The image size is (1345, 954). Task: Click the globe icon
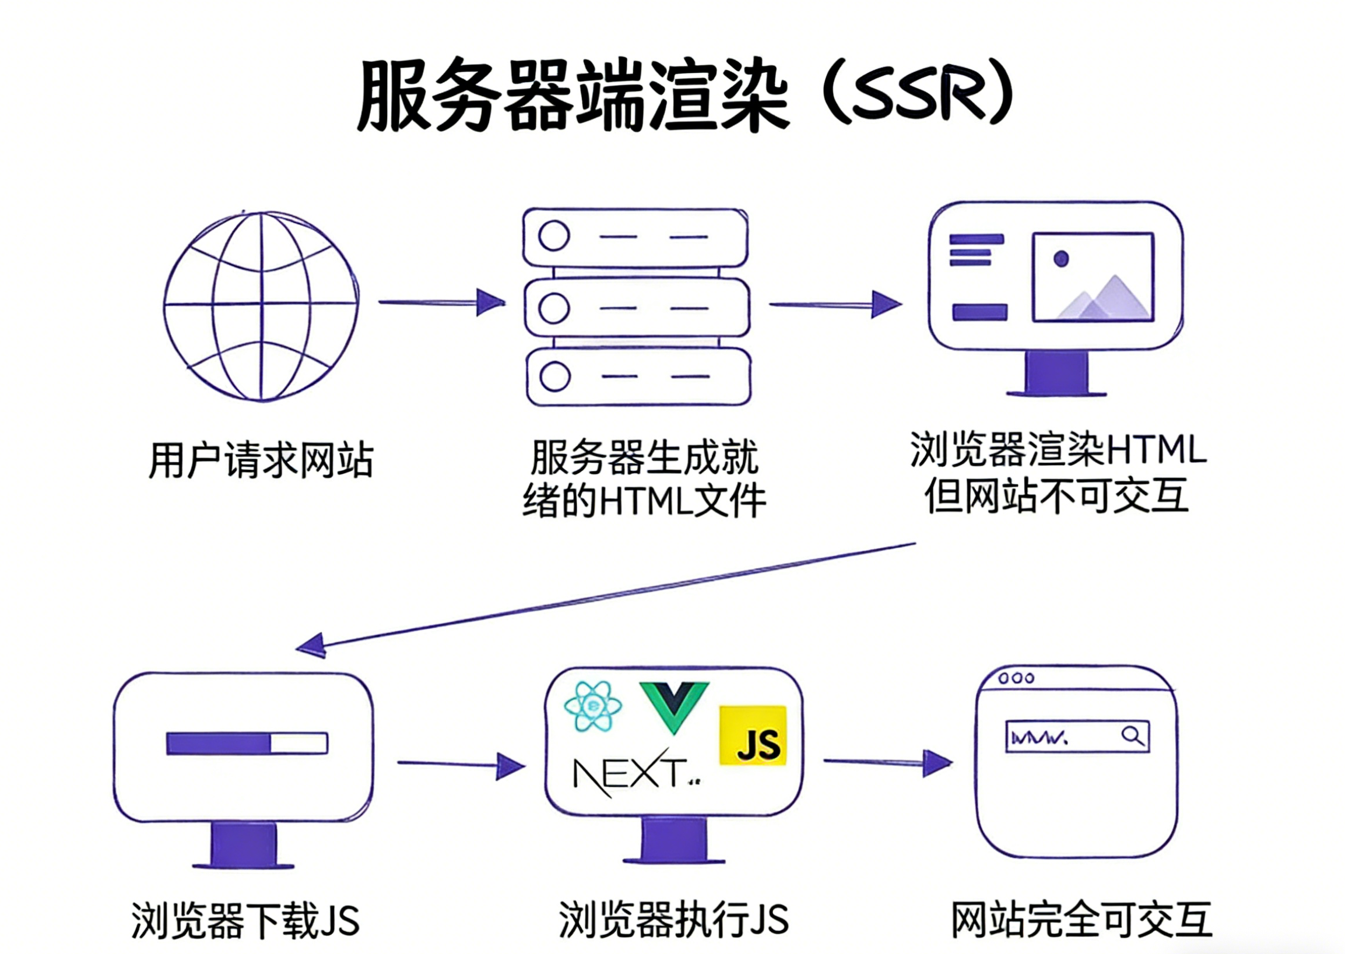(261, 306)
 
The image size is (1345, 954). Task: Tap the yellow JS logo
(753, 736)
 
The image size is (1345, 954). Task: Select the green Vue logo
(673, 706)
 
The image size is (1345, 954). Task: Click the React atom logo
(593, 706)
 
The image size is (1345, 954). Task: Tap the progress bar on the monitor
(247, 743)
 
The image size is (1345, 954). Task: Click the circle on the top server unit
(553, 235)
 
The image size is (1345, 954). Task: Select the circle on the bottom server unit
(554, 376)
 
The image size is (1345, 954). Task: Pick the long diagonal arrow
(605, 596)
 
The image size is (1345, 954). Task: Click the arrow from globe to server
(441, 302)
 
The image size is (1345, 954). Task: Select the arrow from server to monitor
(834, 304)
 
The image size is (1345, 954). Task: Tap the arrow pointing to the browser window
(887, 762)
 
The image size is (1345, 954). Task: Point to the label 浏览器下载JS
(245, 921)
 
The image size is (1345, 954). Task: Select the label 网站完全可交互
(1081, 920)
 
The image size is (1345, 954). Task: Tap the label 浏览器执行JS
(673, 920)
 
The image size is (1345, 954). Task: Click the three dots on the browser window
(1017, 678)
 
